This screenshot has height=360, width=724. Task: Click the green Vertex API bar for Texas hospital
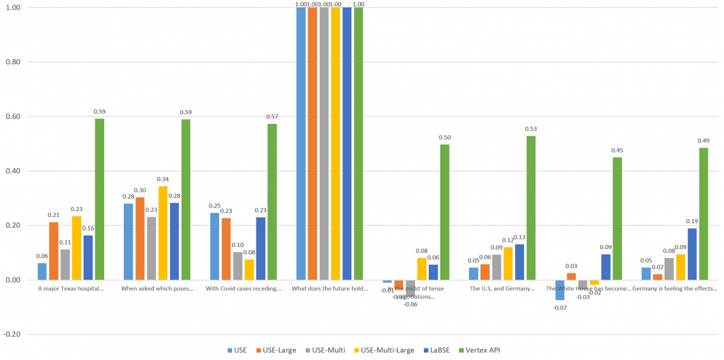click(x=99, y=199)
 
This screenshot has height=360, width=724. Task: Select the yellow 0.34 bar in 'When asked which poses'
click(x=163, y=233)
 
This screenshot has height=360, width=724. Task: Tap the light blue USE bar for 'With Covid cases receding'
click(x=214, y=246)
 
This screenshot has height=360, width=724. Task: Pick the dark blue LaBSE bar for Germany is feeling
click(x=692, y=254)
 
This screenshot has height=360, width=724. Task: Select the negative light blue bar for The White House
click(x=559, y=290)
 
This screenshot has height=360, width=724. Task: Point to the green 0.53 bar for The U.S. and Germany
click(x=531, y=208)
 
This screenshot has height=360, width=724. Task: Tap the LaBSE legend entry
click(x=438, y=350)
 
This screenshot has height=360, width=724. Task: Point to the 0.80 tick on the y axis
click(x=13, y=62)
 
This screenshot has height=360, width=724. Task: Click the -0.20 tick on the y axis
click(x=12, y=335)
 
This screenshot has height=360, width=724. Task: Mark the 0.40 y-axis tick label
click(x=13, y=171)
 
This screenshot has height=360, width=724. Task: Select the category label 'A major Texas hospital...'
click(x=71, y=289)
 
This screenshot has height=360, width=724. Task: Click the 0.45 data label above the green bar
click(x=617, y=150)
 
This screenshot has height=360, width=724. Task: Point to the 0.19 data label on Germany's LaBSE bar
click(x=692, y=221)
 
